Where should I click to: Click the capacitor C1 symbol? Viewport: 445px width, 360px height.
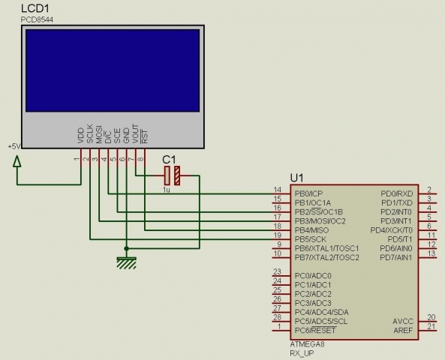point(171,176)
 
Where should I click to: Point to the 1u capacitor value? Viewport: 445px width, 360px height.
point(167,190)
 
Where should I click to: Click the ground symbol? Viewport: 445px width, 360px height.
point(126,261)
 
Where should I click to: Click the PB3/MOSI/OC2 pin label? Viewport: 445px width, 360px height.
point(319,221)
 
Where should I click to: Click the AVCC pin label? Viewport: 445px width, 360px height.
point(402,321)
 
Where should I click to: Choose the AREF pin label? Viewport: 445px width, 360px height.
point(402,330)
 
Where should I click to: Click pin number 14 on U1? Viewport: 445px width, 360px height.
point(278,190)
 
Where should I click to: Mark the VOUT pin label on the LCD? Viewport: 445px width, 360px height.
point(135,133)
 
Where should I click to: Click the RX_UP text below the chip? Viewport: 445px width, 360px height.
point(302,352)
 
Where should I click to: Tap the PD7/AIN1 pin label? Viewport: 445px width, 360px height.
point(395,257)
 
